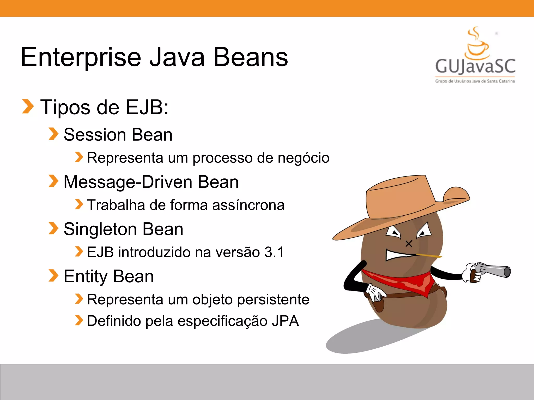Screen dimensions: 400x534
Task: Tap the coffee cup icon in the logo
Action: pyautogui.click(x=477, y=48)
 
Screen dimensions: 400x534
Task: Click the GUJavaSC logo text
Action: pyautogui.click(x=475, y=66)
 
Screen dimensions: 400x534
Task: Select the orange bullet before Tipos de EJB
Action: pyautogui.click(x=28, y=107)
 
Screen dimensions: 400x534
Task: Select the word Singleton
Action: pyautogui.click(x=100, y=229)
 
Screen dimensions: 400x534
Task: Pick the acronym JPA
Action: pyautogui.click(x=285, y=321)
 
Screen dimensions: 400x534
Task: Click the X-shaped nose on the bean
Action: pyautogui.click(x=409, y=244)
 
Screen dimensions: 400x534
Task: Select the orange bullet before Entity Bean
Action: pyautogui.click(x=53, y=276)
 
